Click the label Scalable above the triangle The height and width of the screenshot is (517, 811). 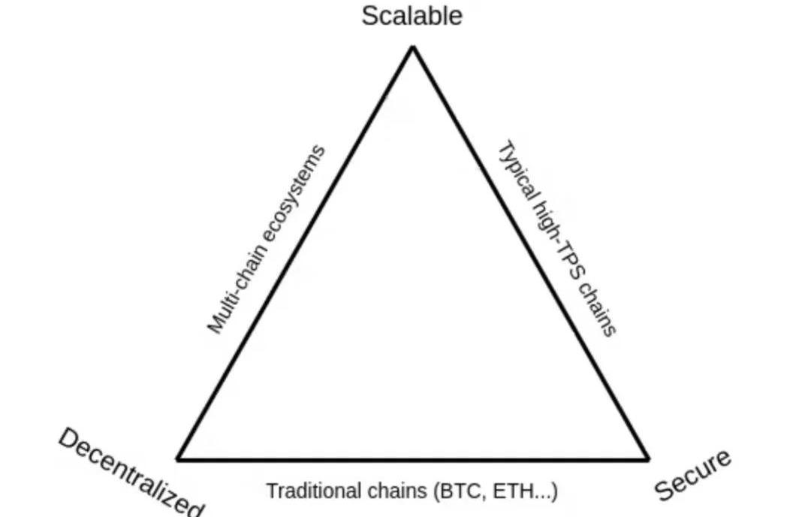pyautogui.click(x=412, y=16)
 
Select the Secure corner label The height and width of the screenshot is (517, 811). pyautogui.click(x=692, y=475)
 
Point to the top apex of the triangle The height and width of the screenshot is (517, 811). pyautogui.click(x=413, y=47)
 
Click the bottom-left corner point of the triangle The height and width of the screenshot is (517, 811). pyautogui.click(x=177, y=458)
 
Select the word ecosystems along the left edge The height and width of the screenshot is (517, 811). pyautogui.click(x=295, y=194)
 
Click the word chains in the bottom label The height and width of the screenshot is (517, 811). pyautogui.click(x=397, y=490)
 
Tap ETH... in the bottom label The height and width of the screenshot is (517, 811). pyautogui.click(x=523, y=491)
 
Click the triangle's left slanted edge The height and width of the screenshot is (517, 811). pyautogui.click(x=295, y=252)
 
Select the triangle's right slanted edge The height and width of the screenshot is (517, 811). pyautogui.click(x=530, y=252)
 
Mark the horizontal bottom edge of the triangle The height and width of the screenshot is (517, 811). pyautogui.click(x=413, y=458)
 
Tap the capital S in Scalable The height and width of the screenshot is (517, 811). pyautogui.click(x=369, y=16)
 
